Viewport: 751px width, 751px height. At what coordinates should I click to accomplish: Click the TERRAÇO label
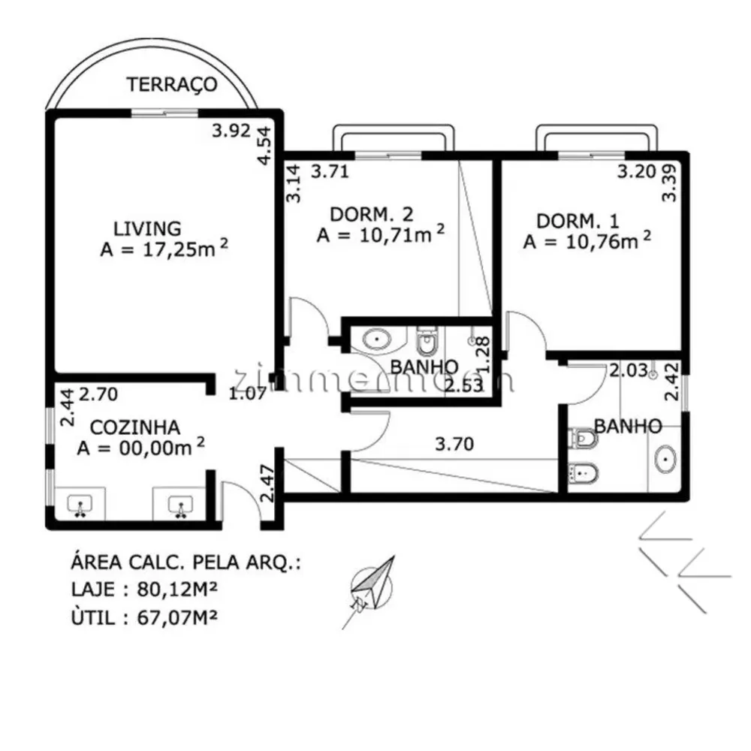point(172,84)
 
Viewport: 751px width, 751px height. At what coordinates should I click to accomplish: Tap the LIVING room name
point(147,228)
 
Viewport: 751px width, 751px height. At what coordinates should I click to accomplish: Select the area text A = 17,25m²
point(164,249)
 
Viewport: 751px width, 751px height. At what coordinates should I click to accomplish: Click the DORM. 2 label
point(372,214)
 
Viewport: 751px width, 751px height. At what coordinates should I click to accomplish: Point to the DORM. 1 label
point(578,222)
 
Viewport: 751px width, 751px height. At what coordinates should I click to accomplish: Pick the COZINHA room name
point(135,427)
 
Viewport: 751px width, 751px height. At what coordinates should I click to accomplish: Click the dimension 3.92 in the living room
point(231,130)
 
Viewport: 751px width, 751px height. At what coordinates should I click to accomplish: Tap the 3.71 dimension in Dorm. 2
point(330,171)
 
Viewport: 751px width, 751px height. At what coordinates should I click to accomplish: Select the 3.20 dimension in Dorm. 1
point(637,171)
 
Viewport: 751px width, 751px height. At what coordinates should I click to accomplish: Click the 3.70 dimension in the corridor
point(454,444)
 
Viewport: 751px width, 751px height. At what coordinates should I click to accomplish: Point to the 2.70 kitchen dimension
point(98,394)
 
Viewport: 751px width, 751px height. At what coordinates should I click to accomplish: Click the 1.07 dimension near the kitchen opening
point(247,394)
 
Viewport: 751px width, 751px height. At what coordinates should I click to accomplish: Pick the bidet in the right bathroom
point(583,473)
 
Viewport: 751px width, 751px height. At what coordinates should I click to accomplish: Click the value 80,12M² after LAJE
point(177,589)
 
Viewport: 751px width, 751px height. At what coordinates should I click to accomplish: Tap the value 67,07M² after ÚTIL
point(177,617)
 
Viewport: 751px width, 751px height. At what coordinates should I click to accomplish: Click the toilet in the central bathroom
point(427,340)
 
